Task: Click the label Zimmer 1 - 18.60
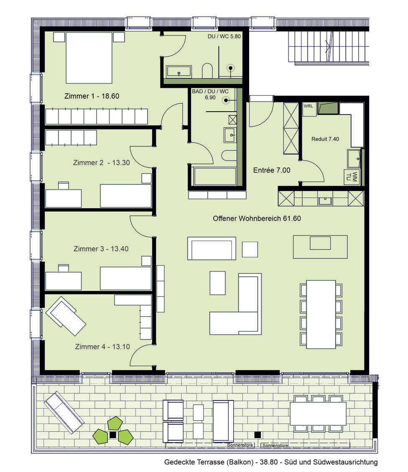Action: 92,96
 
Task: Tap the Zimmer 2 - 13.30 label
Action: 101,163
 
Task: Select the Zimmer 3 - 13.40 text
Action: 101,249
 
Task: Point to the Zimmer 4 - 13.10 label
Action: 102,347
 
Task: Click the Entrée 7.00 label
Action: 272,170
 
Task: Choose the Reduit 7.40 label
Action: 325,139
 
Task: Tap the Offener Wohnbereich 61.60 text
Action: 257,218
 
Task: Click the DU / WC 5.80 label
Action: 224,36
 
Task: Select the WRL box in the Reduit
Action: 309,107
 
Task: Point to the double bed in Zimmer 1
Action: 89,57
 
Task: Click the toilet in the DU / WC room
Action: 207,71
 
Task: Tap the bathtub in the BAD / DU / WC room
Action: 215,176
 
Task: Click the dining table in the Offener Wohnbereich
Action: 321,314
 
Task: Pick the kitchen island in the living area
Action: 320,247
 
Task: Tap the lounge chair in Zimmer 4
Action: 66,316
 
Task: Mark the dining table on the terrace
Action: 318,413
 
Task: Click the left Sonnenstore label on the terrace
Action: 240,445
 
